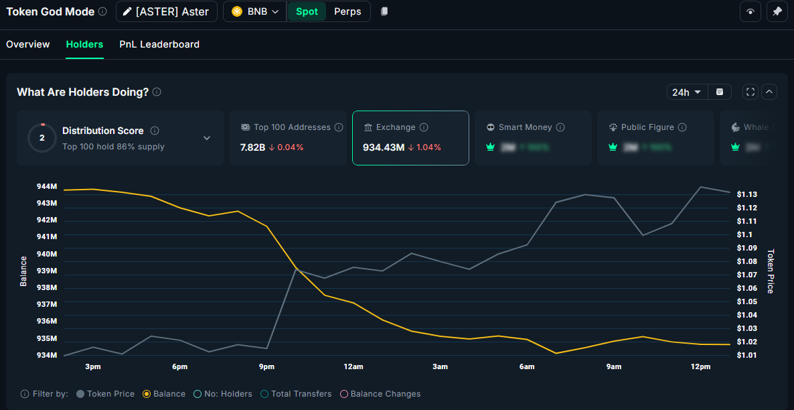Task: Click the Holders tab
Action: (x=84, y=44)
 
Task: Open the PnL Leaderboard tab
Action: (x=159, y=44)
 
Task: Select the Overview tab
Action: (x=28, y=44)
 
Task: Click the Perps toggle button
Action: (x=347, y=11)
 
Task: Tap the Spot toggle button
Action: (x=307, y=11)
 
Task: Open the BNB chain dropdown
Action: (x=255, y=11)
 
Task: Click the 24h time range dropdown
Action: (x=687, y=92)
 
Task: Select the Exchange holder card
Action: (x=410, y=137)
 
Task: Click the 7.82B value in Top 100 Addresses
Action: (x=253, y=147)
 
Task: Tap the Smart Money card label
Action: (x=525, y=127)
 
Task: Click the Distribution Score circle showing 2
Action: (x=42, y=138)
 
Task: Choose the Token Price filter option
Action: (x=106, y=394)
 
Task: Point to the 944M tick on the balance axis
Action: (x=47, y=186)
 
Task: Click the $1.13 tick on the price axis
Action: (x=746, y=194)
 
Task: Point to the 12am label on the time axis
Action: (x=353, y=366)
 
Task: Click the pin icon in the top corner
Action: (x=777, y=11)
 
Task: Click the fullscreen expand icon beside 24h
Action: (x=750, y=92)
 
